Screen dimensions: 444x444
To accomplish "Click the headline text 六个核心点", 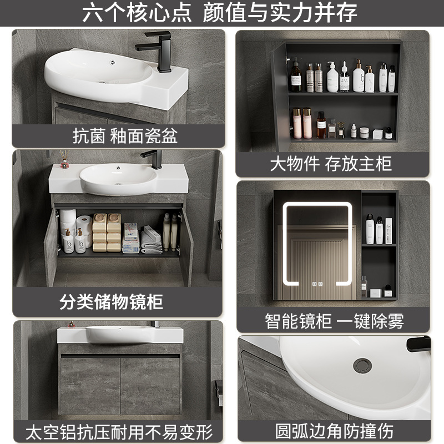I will point(138,13).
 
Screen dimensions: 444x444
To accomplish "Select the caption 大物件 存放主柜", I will point(331,164).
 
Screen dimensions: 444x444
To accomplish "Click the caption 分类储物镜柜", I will point(111,302).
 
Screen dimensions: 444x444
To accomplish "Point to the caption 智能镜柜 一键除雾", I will point(333,320).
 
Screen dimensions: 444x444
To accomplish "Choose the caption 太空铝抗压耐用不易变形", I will point(119,431).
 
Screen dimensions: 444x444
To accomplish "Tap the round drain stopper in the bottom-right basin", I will point(362,365).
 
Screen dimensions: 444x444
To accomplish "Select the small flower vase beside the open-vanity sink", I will point(64,162).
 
